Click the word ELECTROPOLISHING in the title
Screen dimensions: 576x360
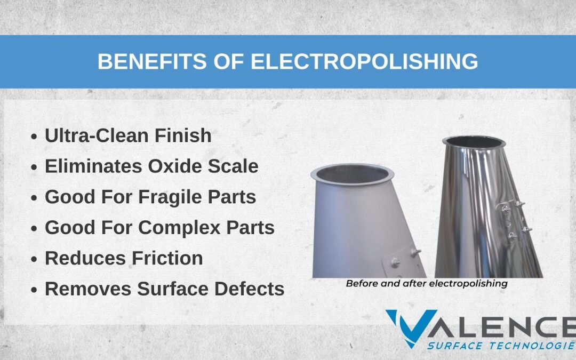pos(364,61)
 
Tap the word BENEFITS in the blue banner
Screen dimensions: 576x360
pos(152,61)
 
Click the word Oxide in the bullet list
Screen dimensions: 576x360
pos(174,166)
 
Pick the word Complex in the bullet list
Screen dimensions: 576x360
pos(179,228)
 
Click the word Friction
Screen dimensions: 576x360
pos(167,258)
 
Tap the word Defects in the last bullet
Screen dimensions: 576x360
pos(250,289)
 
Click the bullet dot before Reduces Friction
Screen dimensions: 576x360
pos(34,259)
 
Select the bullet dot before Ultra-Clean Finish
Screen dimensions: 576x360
pos(34,137)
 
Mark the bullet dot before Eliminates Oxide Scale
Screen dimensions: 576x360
pos(34,167)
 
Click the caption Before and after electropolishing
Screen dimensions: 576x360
pos(427,284)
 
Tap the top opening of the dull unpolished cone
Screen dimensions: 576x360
pos(353,174)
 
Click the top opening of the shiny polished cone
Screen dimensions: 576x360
pos(474,141)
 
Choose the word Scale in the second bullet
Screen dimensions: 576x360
pos(233,166)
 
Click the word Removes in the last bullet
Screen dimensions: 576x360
pos(88,289)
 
